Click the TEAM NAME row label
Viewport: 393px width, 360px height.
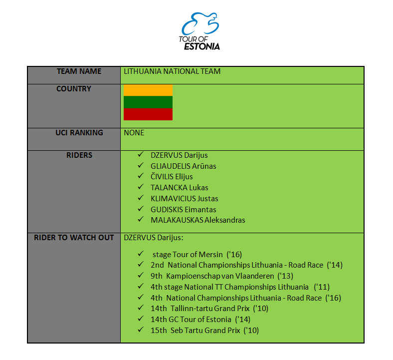(x=79, y=71)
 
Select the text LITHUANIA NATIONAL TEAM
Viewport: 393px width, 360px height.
(x=172, y=71)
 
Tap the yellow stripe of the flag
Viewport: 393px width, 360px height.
(x=148, y=90)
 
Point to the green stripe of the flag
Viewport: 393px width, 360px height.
(x=148, y=102)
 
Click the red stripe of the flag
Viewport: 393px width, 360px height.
(x=148, y=114)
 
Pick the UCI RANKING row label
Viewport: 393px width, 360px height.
(x=79, y=133)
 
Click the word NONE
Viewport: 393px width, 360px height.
(x=134, y=133)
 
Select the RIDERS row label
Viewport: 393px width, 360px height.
(x=79, y=155)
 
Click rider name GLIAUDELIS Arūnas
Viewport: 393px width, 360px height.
(x=183, y=166)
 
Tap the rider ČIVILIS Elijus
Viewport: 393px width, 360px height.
(x=172, y=177)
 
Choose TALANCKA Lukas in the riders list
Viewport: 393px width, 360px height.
(x=179, y=188)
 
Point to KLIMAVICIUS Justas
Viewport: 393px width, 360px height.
(x=184, y=199)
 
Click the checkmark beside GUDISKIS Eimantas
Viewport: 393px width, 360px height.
(x=141, y=209)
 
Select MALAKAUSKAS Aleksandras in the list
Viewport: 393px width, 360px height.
(x=198, y=220)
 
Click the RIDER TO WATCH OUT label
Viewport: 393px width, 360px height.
(x=74, y=238)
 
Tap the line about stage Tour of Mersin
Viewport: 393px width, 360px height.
(x=197, y=254)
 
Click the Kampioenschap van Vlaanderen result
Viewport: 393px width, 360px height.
(x=222, y=276)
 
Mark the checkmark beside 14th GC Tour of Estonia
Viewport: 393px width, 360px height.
(x=141, y=319)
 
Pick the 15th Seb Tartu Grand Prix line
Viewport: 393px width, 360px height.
(x=204, y=331)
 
